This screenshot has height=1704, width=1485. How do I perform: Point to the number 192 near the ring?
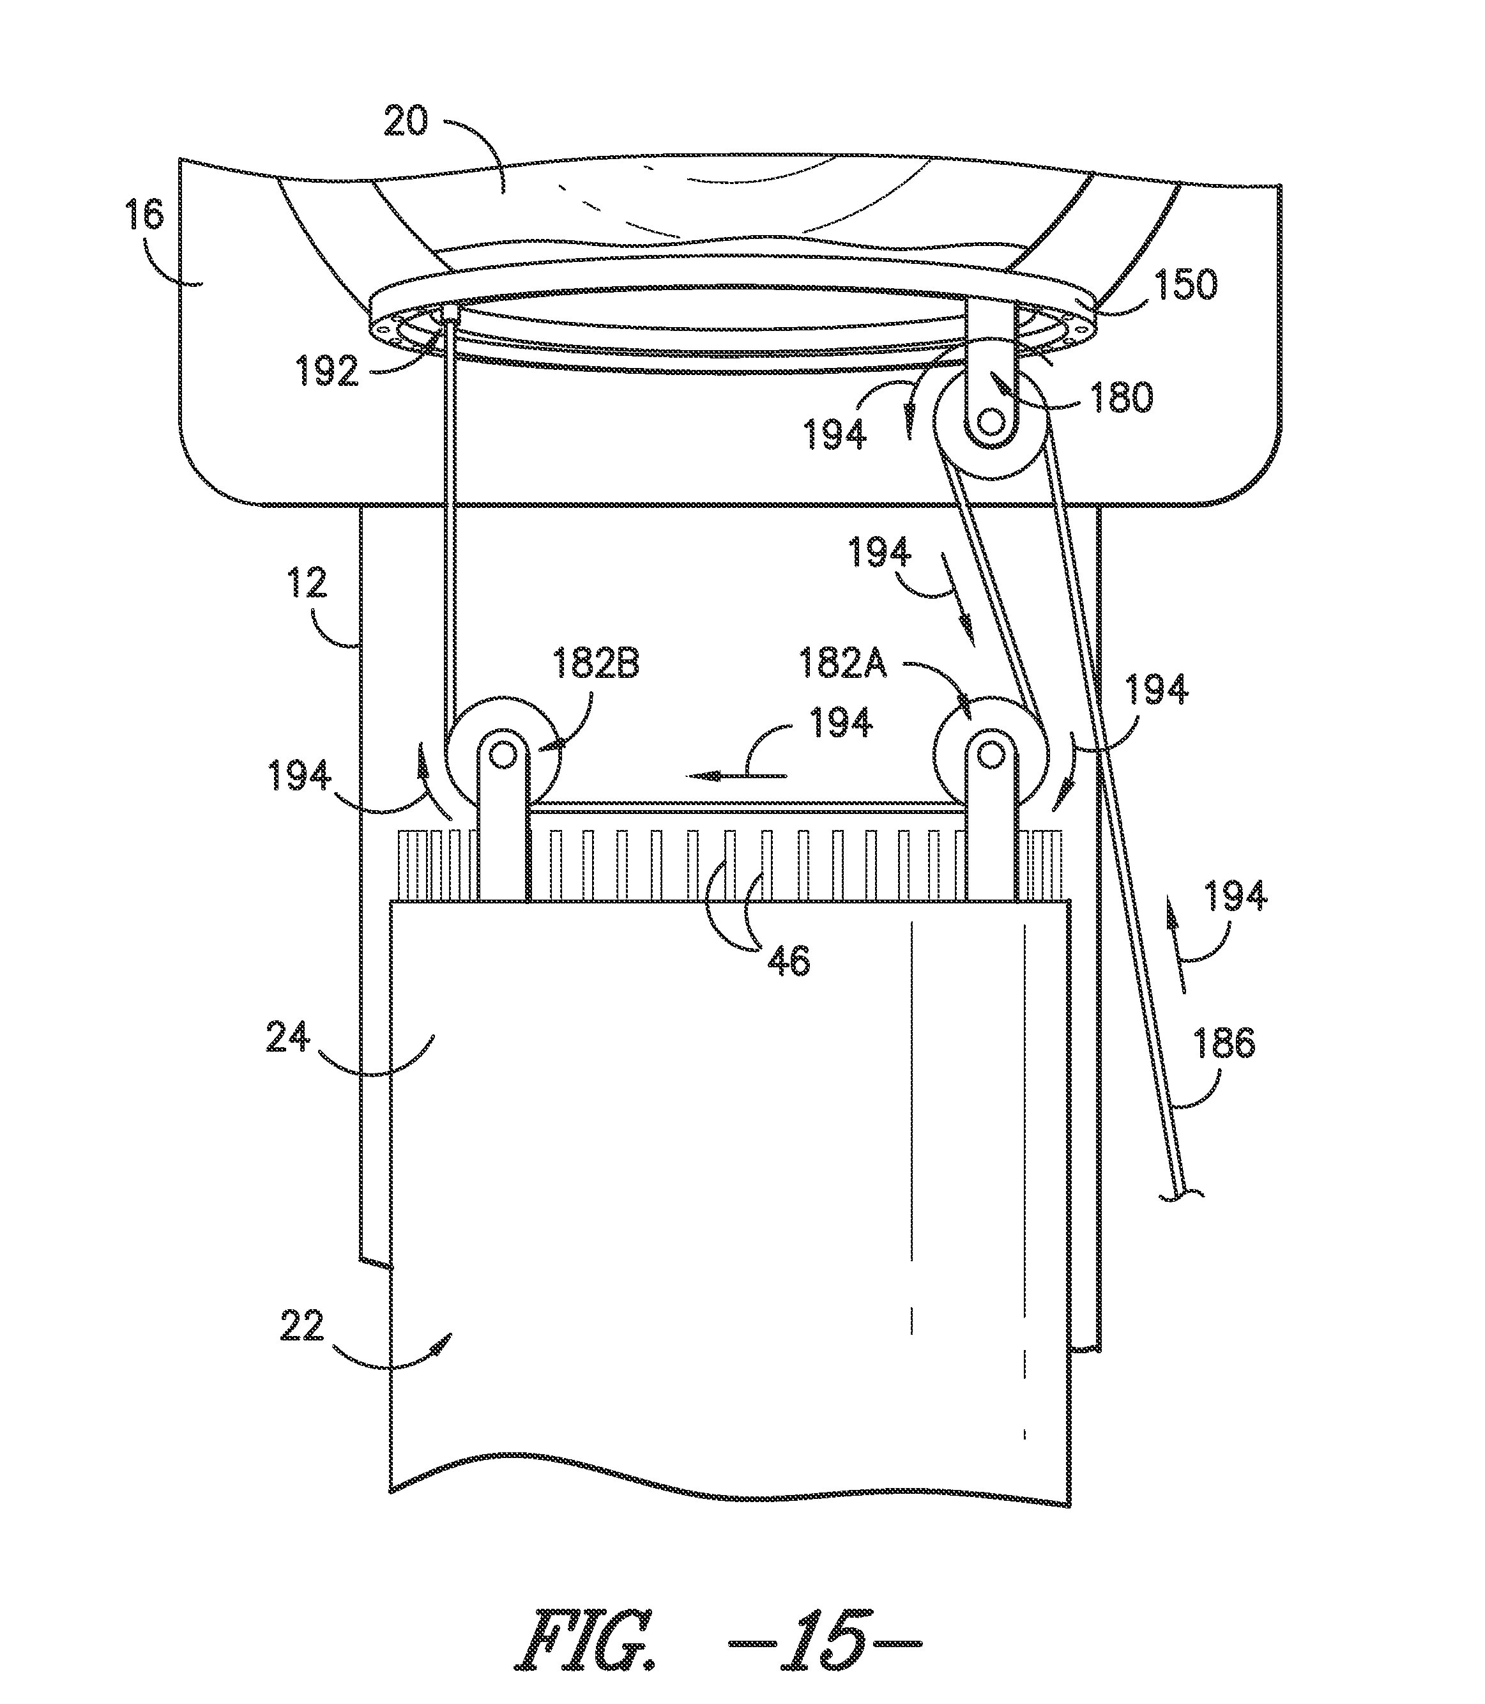tap(327, 374)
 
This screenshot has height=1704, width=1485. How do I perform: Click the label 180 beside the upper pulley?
tap(1121, 399)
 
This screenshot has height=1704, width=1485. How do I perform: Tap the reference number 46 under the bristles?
tap(788, 962)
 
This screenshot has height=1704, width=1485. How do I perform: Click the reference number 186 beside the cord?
tap(1225, 1043)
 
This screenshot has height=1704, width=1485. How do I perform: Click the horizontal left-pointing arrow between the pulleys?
tap(736, 776)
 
